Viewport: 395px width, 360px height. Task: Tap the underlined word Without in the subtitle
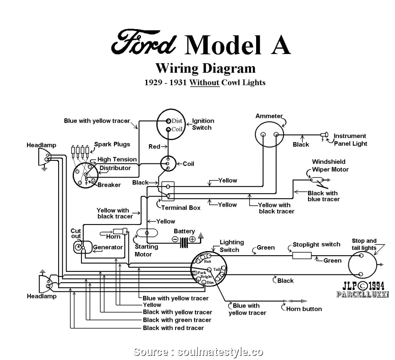[204, 82]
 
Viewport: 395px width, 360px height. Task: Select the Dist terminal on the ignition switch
[168, 121]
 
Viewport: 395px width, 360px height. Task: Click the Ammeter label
[269, 116]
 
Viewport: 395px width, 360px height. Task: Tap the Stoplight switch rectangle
[302, 254]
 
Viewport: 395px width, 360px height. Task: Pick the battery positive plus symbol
[192, 239]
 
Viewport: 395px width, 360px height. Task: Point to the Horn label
[113, 237]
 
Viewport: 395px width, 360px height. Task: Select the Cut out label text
[76, 234]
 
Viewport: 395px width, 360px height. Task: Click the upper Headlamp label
[41, 145]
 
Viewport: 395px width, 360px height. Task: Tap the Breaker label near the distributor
[109, 185]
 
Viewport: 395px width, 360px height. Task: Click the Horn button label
[304, 309]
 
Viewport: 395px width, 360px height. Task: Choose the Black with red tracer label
[173, 328]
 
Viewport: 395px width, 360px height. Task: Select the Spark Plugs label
[112, 144]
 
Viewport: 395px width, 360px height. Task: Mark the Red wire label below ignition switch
[154, 147]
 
